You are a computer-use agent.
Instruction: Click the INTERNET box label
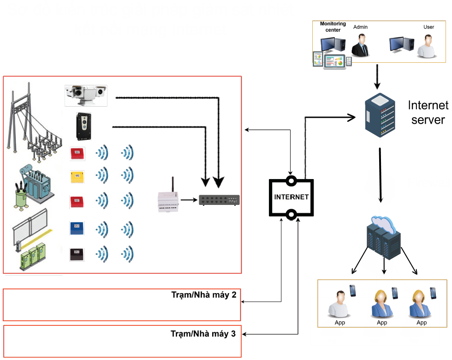(291, 197)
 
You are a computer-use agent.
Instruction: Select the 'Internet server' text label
(428, 113)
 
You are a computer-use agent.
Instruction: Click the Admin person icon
(361, 46)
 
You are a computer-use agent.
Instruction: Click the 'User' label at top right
(428, 27)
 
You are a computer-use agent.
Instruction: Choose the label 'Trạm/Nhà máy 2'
(203, 294)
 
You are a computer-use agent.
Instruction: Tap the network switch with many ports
(219, 200)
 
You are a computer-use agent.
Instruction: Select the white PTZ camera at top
(86, 95)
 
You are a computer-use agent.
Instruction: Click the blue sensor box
(77, 228)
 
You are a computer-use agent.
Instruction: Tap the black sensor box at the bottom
(77, 254)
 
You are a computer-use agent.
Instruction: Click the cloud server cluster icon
(383, 237)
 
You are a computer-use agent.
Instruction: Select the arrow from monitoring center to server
(377, 76)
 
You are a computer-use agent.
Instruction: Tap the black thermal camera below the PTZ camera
(84, 126)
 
